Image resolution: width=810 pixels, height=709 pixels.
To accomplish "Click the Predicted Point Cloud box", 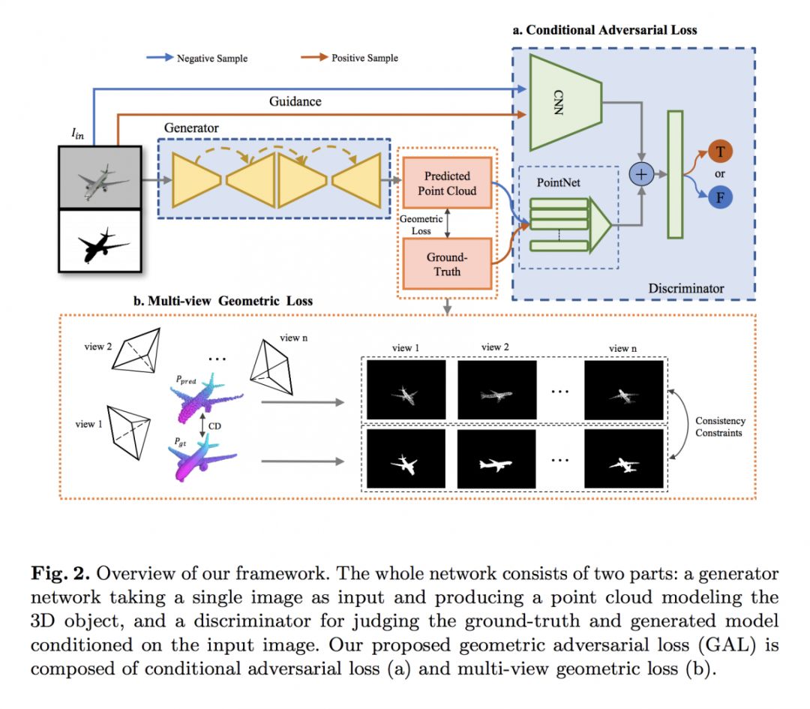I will (447, 183).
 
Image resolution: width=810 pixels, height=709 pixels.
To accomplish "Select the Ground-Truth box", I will (447, 263).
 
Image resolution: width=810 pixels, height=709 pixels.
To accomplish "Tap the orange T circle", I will (720, 153).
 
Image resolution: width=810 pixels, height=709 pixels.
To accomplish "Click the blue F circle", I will (720, 197).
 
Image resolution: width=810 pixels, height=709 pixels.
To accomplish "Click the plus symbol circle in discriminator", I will (641, 173).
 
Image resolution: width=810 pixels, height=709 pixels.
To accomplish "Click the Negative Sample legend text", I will (211, 58).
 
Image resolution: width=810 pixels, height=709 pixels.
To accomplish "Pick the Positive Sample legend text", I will (364, 58).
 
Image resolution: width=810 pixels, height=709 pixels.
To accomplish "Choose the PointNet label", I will (559, 183).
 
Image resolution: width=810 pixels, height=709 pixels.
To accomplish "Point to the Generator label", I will (191, 128).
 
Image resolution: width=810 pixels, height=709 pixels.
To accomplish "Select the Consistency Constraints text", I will (720, 427).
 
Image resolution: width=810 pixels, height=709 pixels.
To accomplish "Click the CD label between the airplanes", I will (214, 425).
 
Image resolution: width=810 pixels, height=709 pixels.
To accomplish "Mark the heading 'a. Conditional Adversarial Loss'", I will (604, 30).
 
